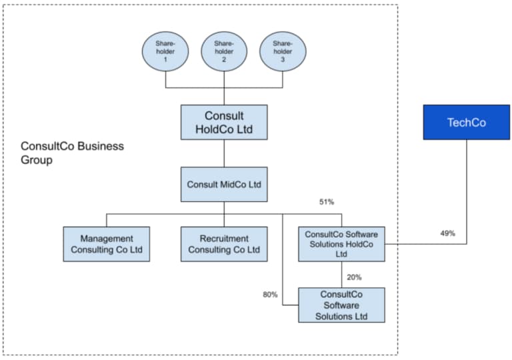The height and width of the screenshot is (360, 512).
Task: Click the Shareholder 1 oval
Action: pyautogui.click(x=165, y=51)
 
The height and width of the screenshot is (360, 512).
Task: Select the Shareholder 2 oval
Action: pyautogui.click(x=224, y=51)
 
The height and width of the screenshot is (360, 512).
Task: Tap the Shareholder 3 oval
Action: pyautogui.click(x=282, y=51)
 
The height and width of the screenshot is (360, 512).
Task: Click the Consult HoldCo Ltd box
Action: pyautogui.click(x=224, y=122)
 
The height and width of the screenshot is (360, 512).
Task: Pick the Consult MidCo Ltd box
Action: pyautogui.click(x=224, y=185)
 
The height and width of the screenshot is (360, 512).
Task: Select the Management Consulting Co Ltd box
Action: pyautogui.click(x=107, y=244)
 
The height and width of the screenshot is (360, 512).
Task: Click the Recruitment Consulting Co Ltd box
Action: pyautogui.click(x=224, y=244)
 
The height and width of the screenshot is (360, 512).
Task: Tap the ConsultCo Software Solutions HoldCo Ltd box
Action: pyautogui.click(x=341, y=244)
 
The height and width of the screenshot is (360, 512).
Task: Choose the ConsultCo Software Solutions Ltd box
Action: pyautogui.click(x=341, y=305)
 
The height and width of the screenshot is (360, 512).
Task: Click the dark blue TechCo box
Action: pyautogui.click(x=466, y=122)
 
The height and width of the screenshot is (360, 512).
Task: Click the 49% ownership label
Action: pyautogui.click(x=447, y=233)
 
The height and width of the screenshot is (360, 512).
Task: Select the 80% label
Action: pyautogui.click(x=270, y=294)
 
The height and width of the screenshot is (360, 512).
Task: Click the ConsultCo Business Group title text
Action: pyautogui.click(x=72, y=153)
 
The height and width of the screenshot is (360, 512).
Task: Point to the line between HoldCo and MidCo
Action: pyautogui.click(x=224, y=153)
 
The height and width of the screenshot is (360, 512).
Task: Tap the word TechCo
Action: pyautogui.click(x=466, y=123)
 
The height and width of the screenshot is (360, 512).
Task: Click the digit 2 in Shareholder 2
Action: pyautogui.click(x=224, y=60)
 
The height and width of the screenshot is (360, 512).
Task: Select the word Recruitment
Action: pyautogui.click(x=224, y=239)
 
